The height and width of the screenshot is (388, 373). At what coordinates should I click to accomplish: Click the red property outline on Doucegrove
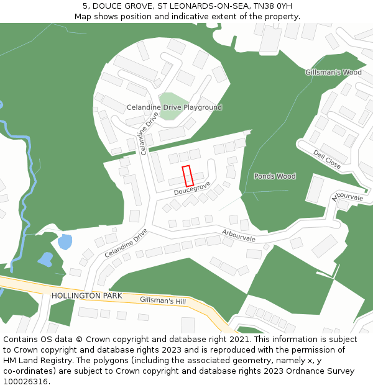(x=187, y=176)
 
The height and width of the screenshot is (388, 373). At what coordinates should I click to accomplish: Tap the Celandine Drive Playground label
(x=174, y=107)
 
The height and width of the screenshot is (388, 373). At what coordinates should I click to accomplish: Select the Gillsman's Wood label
(x=333, y=73)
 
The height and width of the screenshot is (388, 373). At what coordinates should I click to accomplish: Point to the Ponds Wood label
(x=275, y=176)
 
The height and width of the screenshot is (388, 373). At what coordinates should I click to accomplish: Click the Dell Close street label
(x=327, y=160)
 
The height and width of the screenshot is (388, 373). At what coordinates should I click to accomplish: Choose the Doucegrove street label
(x=192, y=188)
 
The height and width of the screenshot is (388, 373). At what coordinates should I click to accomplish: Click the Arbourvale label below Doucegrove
(x=239, y=236)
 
